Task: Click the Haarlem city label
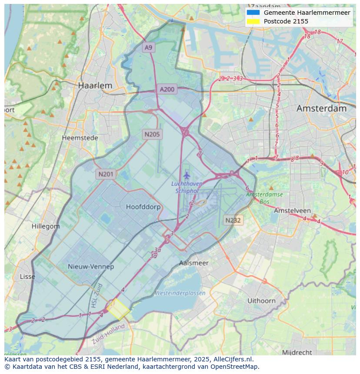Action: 95,86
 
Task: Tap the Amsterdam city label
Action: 321,109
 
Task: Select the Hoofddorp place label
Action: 143,207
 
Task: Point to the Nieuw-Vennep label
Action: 91,266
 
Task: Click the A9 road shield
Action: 149,47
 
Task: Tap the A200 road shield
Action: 167,89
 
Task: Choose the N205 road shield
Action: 152,134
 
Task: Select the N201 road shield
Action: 106,174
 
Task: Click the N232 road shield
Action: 233,220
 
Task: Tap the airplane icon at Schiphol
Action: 187,175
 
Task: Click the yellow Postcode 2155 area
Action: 119,309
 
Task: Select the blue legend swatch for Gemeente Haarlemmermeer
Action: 253,13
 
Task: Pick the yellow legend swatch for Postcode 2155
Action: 253,21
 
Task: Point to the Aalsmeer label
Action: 194,263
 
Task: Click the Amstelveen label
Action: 292,210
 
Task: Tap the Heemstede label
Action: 80,138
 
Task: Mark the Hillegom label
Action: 46,226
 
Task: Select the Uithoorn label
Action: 261,301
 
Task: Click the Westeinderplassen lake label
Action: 180,293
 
